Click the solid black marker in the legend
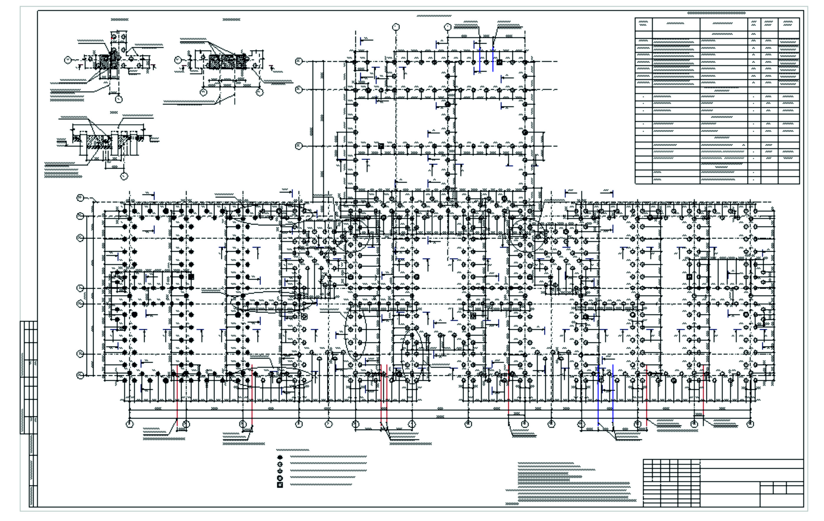[x=280, y=457]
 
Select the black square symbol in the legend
[x=280, y=485]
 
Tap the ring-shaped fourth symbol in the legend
[x=280, y=478]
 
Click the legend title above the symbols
[x=292, y=450]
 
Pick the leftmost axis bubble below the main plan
[x=130, y=424]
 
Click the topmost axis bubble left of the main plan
[x=80, y=198]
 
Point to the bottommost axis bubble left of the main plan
[x=80, y=375]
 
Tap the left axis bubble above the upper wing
[x=396, y=27]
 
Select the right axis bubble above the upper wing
[x=447, y=27]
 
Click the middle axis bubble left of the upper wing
[x=299, y=90]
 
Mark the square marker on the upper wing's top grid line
[x=499, y=62]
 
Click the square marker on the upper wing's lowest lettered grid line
[x=381, y=146]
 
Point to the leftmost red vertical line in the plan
[x=177, y=394]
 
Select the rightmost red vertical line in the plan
[x=703, y=394]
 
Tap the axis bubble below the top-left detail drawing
[x=119, y=99]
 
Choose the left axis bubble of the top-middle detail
[x=178, y=60]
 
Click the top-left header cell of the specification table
[x=643, y=24]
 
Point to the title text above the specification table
[x=716, y=13]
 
